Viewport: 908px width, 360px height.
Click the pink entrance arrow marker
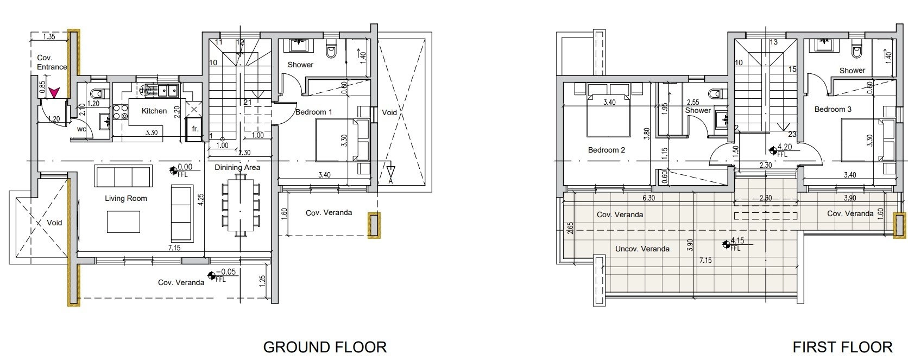coord(54,93)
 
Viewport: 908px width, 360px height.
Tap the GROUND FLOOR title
coord(325,348)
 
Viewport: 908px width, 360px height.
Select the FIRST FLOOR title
coord(842,348)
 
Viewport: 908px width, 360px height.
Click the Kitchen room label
coord(154,111)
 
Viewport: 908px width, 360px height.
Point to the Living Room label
coord(125,198)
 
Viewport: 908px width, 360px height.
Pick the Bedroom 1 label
coord(313,112)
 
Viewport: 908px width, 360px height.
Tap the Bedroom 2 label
coord(607,150)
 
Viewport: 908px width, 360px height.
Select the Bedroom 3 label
coord(833,109)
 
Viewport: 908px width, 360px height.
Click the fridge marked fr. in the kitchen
coord(194,129)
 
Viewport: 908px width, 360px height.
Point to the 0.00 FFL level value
coord(185,167)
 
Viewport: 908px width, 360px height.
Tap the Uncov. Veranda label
coord(642,249)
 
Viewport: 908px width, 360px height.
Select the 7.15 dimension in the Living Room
coord(174,248)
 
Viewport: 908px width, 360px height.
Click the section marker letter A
coord(391,181)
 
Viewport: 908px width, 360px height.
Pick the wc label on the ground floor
coord(81,129)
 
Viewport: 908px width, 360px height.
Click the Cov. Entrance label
coord(52,62)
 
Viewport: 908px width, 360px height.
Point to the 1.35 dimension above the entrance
coord(49,36)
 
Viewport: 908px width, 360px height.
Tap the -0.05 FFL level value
coord(226,271)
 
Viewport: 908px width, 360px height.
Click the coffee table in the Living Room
coord(123,222)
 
